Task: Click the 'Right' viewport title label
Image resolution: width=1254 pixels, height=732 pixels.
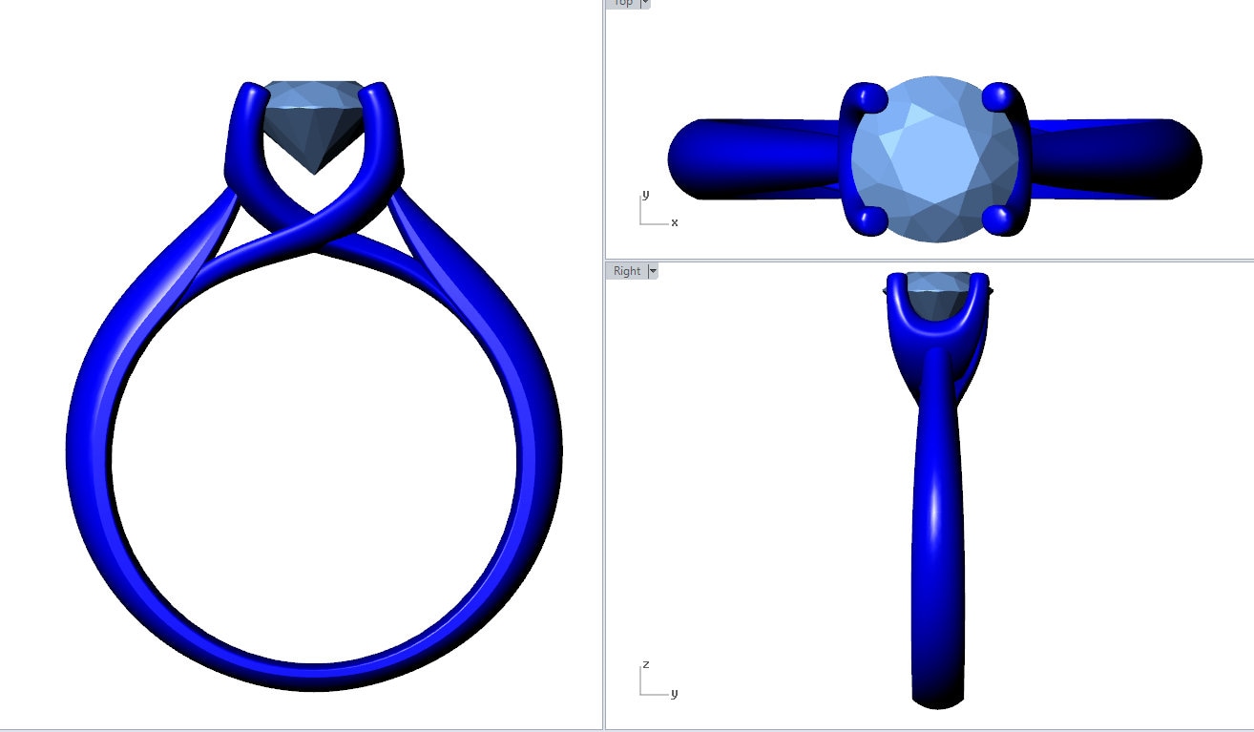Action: (627, 271)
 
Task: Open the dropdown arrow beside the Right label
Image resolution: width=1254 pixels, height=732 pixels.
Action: (653, 271)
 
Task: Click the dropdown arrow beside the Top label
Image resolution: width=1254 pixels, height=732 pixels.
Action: (645, 3)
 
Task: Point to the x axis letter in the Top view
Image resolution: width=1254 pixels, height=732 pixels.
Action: (675, 222)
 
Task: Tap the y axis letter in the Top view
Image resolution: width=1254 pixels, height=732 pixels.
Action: (645, 195)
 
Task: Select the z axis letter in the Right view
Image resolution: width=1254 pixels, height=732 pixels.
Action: (646, 663)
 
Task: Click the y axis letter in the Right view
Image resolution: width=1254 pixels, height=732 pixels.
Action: (674, 693)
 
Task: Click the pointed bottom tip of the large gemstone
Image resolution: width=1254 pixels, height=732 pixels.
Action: (314, 172)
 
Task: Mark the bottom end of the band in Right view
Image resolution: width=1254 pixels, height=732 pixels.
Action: (938, 701)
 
